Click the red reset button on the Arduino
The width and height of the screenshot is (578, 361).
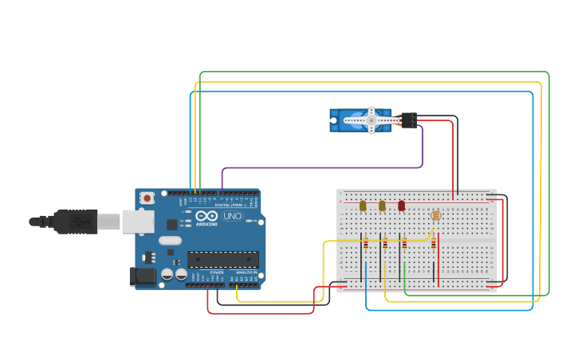(x=147, y=198)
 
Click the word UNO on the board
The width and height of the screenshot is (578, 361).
(x=232, y=216)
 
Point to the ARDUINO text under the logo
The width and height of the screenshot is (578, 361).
(x=206, y=225)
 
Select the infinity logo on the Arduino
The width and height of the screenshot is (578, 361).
(x=206, y=215)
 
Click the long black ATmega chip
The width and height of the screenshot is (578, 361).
(x=223, y=259)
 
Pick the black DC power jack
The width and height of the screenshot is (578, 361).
(x=143, y=276)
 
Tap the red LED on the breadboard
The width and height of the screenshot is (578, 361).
(x=401, y=206)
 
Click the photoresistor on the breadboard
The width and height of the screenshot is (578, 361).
(x=435, y=215)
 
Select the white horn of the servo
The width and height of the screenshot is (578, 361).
(x=371, y=120)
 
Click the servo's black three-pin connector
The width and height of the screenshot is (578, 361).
(x=409, y=120)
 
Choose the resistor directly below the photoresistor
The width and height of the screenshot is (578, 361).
(x=434, y=245)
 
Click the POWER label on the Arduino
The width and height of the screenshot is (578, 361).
(x=217, y=273)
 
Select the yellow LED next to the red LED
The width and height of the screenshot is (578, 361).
(x=382, y=206)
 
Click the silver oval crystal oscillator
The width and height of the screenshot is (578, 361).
(x=170, y=240)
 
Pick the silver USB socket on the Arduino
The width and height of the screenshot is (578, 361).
(x=137, y=221)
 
